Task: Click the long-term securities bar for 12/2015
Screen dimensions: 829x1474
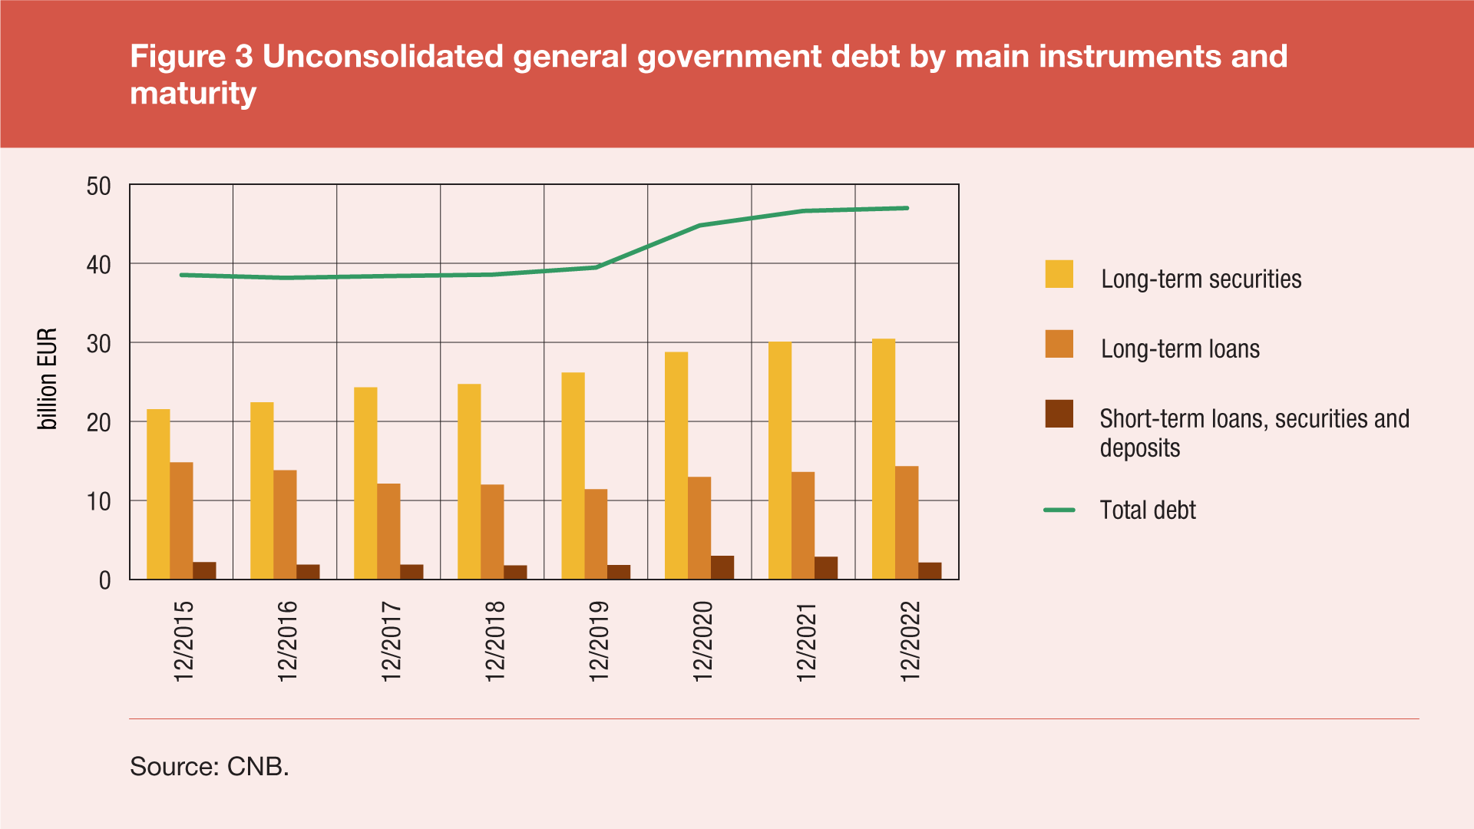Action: pos(158,494)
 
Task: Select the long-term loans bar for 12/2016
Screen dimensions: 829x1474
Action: pos(285,525)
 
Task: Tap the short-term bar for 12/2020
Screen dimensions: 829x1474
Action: pos(722,567)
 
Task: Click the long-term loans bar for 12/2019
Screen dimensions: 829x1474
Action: pos(596,534)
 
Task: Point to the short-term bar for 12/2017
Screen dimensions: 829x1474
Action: pos(411,572)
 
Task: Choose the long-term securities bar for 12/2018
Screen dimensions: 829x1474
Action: pos(469,481)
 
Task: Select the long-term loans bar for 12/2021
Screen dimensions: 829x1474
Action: pos(803,526)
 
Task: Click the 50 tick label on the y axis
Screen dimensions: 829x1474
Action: pos(99,187)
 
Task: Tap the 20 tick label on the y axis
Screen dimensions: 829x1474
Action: pos(99,423)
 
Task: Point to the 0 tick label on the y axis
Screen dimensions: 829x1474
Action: pos(105,581)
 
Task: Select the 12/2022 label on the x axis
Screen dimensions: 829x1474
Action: pos(910,641)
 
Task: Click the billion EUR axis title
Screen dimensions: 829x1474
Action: pos(48,378)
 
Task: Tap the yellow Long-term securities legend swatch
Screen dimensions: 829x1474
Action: pos(1059,274)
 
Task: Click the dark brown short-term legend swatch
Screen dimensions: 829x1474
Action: pos(1059,414)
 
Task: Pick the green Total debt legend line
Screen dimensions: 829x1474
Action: pos(1059,510)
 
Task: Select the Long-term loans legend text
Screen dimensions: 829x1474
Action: pos(1180,349)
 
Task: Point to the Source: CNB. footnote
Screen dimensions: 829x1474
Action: pos(210,766)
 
